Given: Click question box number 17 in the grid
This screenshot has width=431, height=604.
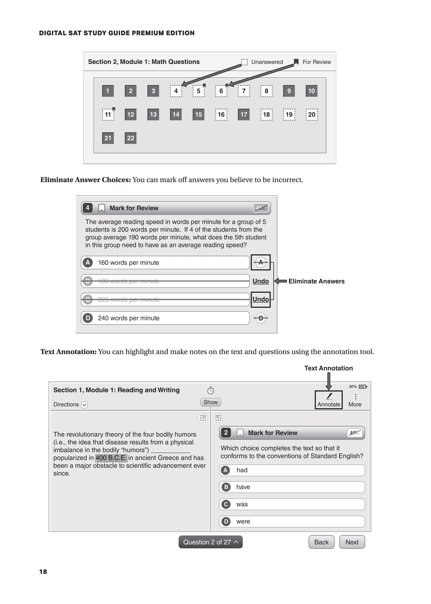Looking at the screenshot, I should point(244,115).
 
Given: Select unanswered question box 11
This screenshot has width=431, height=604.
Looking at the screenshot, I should point(108,115).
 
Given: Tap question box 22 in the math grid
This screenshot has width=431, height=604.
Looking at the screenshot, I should point(131,138).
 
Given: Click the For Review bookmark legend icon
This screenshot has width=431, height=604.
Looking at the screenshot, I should point(296,62).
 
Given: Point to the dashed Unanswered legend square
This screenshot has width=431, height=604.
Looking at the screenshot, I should point(244,62).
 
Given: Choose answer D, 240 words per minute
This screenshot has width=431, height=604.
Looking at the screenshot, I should point(165,318).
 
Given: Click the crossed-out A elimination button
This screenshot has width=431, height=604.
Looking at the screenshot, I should point(261,262).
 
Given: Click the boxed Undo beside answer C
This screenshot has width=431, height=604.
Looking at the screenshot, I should point(261,299).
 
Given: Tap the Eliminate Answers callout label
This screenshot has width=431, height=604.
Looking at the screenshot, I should point(316,281).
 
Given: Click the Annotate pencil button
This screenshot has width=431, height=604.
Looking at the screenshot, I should point(329,400).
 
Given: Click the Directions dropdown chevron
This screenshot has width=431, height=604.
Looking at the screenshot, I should point(84,405).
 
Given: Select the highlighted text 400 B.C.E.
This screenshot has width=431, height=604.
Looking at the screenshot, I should point(111,458).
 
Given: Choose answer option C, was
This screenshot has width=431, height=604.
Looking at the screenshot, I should point(292,504).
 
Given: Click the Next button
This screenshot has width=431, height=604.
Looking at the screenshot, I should point(352,542).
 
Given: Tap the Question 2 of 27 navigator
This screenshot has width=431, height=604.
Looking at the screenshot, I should point(210,542).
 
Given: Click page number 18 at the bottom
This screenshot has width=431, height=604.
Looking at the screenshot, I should point(43,572).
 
